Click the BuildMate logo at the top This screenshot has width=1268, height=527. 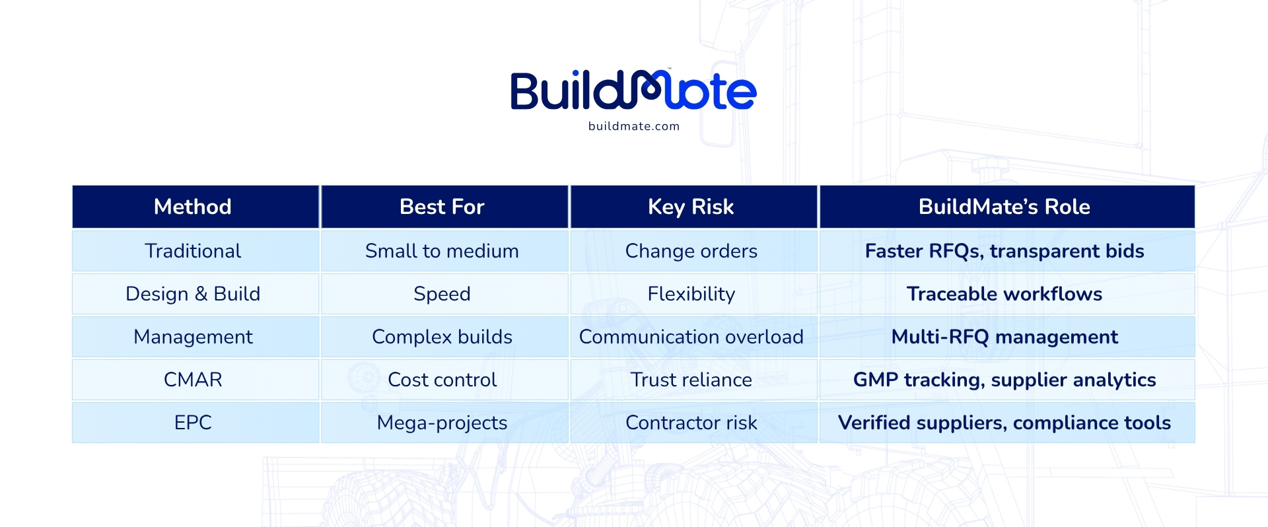point(633,90)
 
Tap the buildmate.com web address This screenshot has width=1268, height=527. point(634,126)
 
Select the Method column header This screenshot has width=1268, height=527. point(193,207)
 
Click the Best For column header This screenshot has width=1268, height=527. point(442,207)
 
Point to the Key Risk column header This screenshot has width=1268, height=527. point(691,207)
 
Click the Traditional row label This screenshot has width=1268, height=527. point(193,251)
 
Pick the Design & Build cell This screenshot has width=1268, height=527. point(193,294)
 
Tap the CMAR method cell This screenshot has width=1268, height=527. point(193,380)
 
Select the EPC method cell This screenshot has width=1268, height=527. point(193,423)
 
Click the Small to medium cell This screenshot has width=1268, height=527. point(442,251)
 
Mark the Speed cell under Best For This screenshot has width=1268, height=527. point(442,294)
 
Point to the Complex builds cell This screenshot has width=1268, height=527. point(442,337)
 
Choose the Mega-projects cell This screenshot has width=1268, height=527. point(442,423)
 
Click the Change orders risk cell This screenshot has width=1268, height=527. point(691,251)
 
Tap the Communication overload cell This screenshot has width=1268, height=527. point(691,337)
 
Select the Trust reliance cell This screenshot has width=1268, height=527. point(691,380)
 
